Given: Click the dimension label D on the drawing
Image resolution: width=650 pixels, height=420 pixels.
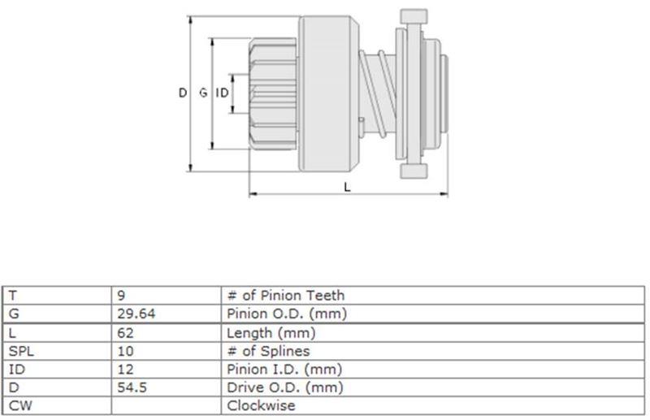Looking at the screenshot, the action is [x=183, y=93].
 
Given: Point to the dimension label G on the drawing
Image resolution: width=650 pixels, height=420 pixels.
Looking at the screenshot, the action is [x=203, y=93].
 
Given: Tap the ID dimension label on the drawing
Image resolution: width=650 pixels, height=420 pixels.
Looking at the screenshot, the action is [x=222, y=93].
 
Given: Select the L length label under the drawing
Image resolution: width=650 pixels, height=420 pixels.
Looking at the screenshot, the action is [x=348, y=188].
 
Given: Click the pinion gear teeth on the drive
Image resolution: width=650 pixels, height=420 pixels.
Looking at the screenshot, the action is [x=273, y=93].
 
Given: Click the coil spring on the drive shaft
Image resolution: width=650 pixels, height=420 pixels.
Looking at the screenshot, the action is [x=377, y=93].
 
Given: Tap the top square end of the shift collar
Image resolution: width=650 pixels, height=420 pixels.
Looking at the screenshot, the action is [x=414, y=16].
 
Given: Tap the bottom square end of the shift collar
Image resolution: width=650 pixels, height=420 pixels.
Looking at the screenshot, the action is [x=414, y=171].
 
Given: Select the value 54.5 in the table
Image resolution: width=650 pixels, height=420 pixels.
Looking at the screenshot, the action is [x=132, y=388].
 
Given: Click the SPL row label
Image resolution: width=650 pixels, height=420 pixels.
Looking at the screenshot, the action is [x=21, y=351].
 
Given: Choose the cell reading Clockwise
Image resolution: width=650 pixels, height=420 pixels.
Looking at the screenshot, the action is [x=261, y=405].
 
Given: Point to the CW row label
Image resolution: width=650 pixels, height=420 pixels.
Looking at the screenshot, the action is [x=19, y=405].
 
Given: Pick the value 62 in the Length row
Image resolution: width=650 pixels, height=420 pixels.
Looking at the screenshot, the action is [x=125, y=333].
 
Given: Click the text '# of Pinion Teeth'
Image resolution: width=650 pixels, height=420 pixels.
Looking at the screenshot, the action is [x=286, y=296].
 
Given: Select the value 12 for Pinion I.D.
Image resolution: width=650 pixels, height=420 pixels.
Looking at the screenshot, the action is [x=125, y=370].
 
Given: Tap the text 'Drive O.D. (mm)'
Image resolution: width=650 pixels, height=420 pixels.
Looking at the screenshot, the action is [x=285, y=388].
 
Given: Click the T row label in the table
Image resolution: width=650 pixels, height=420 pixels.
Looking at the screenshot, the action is [x=13, y=296].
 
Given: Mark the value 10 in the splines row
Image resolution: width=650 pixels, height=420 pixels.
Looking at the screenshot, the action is [x=125, y=351].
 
